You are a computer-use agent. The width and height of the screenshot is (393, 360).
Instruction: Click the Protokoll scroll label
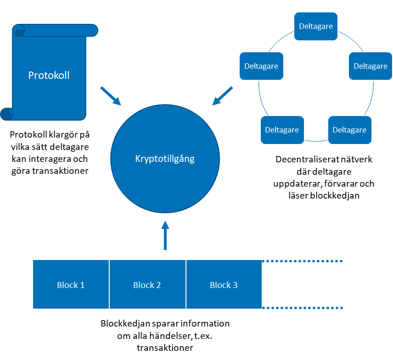(x=49, y=75)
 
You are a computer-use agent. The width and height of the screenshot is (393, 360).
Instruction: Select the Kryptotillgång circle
(x=165, y=159)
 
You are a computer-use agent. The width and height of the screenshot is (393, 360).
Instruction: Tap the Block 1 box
(x=71, y=285)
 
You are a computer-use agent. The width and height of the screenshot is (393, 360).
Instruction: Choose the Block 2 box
(x=147, y=285)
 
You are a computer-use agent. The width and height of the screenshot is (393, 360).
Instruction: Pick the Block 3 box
(x=224, y=285)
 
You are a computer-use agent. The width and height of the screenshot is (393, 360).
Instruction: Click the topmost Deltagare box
(x=316, y=26)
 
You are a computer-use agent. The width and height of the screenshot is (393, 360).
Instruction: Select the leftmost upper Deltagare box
(x=261, y=66)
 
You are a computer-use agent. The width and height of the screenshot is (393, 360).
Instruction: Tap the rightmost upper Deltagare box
(x=370, y=66)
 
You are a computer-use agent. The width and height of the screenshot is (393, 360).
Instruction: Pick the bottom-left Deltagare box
(x=282, y=130)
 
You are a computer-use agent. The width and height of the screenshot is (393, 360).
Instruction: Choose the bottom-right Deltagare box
(x=349, y=130)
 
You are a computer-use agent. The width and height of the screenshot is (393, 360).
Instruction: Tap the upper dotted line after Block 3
(x=303, y=261)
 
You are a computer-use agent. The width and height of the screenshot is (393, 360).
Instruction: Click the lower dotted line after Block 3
(x=303, y=308)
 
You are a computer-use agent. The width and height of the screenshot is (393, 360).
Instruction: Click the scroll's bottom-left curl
(x=7, y=114)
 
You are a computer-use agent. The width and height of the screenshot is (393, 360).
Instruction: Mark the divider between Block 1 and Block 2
(x=109, y=284)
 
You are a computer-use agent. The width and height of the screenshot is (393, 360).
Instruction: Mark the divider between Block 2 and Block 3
(x=186, y=284)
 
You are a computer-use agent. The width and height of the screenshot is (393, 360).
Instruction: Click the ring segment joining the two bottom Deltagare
(x=316, y=140)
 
